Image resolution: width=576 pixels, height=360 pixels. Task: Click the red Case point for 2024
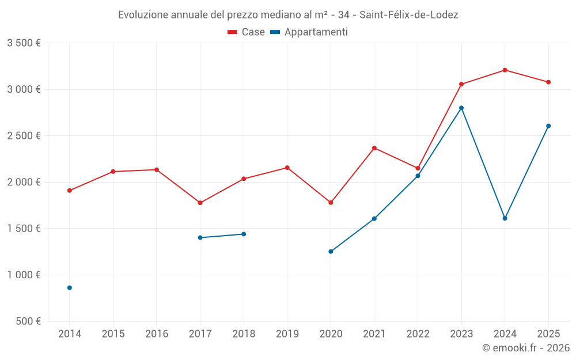tap(505, 70)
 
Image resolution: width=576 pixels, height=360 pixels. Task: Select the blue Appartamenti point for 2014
tap(70, 287)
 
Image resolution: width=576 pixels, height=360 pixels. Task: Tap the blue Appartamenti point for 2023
tap(461, 108)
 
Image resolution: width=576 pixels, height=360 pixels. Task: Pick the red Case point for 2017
tap(200, 203)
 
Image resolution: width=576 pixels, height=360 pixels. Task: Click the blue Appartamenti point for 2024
tap(505, 218)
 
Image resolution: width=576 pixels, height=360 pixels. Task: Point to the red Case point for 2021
tap(374, 148)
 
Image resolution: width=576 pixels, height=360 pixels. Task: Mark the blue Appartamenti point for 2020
tap(331, 252)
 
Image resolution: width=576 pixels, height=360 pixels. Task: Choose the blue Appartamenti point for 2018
tap(244, 234)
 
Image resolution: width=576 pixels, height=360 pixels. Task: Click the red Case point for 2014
tap(70, 191)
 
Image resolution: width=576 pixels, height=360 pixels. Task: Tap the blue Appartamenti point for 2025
tap(548, 126)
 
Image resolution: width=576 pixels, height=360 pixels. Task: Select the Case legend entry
tap(247, 32)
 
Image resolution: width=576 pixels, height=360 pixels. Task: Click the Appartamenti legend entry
tap(309, 32)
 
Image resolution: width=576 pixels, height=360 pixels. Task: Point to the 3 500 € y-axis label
tap(24, 43)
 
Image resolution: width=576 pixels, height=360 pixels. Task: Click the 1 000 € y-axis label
tap(24, 275)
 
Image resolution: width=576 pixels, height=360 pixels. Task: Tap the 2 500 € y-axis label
tap(24, 136)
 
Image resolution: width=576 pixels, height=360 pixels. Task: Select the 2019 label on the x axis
tap(287, 334)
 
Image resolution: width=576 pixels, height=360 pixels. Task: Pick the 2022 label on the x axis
tap(418, 334)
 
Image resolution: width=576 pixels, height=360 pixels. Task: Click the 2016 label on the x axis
tap(157, 334)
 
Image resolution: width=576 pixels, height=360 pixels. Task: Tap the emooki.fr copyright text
tap(526, 348)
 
